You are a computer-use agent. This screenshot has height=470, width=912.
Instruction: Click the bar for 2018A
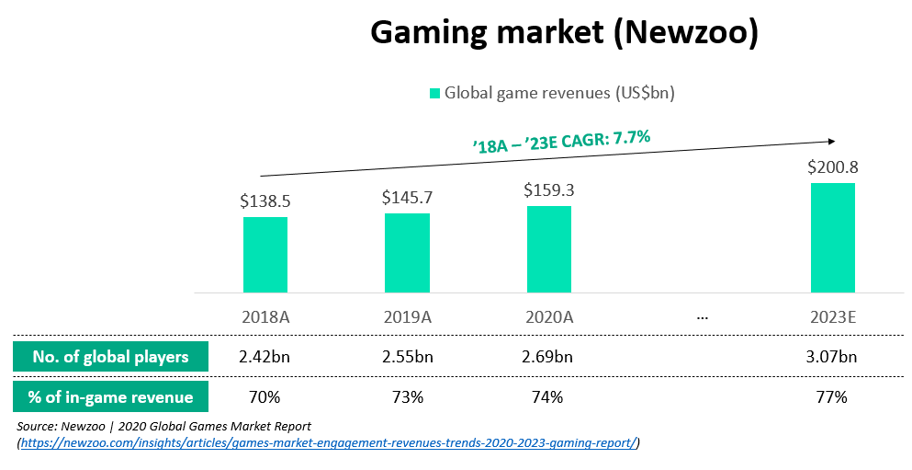pyautogui.click(x=265, y=255)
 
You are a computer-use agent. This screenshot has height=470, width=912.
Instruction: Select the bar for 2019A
pyautogui.click(x=407, y=253)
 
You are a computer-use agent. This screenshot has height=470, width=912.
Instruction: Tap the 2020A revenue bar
pyautogui.click(x=548, y=249)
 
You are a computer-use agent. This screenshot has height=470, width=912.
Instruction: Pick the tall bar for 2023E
pyautogui.click(x=832, y=237)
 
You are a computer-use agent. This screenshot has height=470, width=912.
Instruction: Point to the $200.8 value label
pyautogui.click(x=832, y=168)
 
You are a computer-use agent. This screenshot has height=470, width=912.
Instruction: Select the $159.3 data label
pyautogui.click(x=548, y=190)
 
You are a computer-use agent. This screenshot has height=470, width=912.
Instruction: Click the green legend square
pyautogui.click(x=434, y=93)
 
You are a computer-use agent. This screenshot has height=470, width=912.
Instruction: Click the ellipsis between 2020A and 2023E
pyautogui.click(x=703, y=317)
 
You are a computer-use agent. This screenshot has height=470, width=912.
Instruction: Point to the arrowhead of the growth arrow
pyautogui.click(x=830, y=141)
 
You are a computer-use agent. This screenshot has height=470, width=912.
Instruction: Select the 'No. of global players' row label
pyautogui.click(x=111, y=357)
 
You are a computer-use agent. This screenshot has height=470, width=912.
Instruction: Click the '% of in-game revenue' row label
pyautogui.click(x=111, y=397)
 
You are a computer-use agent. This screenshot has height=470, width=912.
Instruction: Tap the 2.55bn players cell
pyautogui.click(x=407, y=357)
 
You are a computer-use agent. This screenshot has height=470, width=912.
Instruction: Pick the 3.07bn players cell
pyautogui.click(x=832, y=357)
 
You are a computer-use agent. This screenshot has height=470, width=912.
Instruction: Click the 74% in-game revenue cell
pyautogui.click(x=548, y=397)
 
